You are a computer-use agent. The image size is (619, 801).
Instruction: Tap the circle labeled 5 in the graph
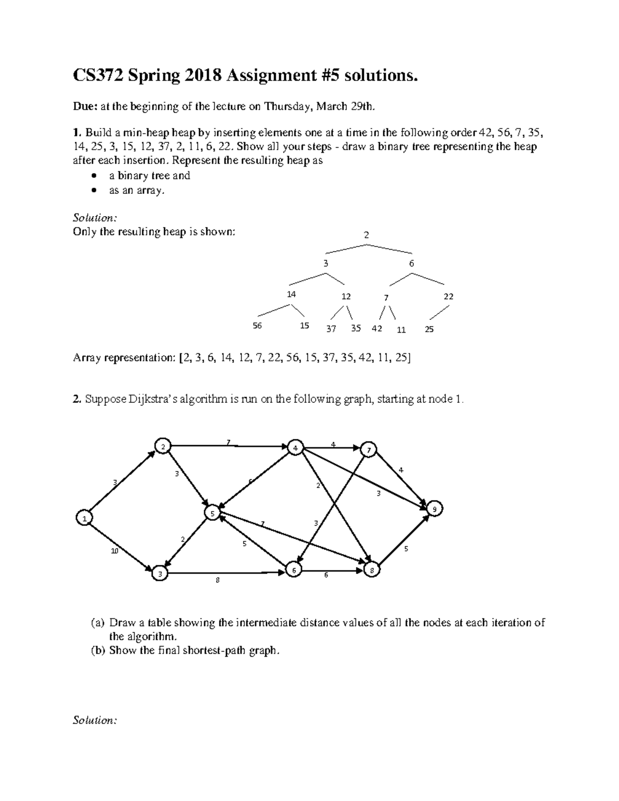pyautogui.click(x=212, y=513)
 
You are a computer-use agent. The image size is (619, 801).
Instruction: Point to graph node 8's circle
pyautogui.click(x=372, y=570)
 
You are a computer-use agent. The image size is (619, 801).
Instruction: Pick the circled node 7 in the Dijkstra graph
pyautogui.click(x=369, y=450)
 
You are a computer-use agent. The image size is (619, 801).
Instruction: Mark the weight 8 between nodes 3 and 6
pyautogui.click(x=218, y=580)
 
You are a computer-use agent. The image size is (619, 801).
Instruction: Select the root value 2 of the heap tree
pyautogui.click(x=366, y=235)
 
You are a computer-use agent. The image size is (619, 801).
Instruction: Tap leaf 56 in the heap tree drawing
pyautogui.click(x=257, y=326)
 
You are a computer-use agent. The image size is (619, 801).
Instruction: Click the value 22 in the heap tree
pyautogui.click(x=448, y=297)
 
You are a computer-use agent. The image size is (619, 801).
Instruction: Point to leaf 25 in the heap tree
pyautogui.click(x=429, y=329)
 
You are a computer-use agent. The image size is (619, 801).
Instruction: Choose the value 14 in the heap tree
pyautogui.click(x=291, y=295)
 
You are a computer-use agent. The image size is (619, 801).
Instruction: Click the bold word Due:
pyautogui.click(x=84, y=107)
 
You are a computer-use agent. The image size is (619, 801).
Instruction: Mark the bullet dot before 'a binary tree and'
pyautogui.click(x=93, y=176)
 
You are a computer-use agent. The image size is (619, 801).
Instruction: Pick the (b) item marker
pyautogui.click(x=98, y=650)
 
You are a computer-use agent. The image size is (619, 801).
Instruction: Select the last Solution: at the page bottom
pyautogui.click(x=95, y=720)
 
